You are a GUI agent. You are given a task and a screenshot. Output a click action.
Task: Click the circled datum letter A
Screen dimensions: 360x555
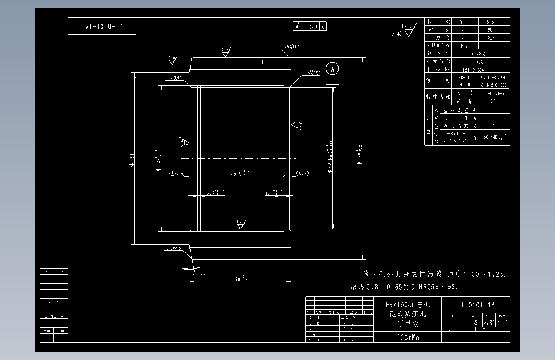point(331,68)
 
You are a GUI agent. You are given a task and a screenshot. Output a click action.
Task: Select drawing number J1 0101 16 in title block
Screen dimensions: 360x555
point(476,306)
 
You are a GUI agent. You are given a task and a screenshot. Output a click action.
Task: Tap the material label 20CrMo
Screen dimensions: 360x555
point(408,336)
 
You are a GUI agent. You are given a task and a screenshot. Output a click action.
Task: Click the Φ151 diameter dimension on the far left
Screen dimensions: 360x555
point(131,158)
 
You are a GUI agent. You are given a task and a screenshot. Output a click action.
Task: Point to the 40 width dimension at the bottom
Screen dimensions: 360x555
point(240,279)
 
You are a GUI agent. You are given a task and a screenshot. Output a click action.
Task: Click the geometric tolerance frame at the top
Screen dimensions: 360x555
point(310,26)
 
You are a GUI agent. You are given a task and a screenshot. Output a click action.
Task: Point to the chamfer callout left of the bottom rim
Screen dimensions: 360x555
point(173,248)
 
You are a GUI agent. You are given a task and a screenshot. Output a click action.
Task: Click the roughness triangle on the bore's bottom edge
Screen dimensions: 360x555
point(241,224)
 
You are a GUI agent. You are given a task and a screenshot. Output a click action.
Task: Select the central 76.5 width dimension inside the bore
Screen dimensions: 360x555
point(241,173)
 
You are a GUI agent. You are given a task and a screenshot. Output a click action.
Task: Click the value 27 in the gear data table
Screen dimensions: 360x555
point(492,101)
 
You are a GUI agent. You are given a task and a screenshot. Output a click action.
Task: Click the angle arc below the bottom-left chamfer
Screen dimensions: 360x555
point(192,265)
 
